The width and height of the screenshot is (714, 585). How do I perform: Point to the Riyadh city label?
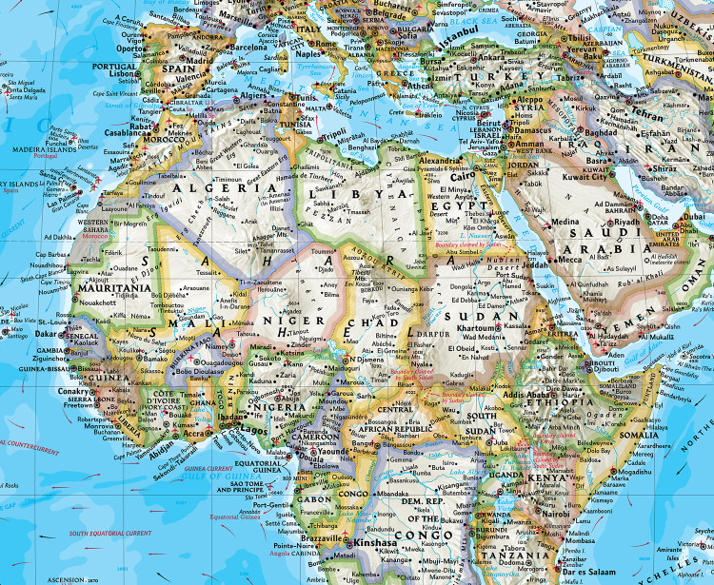pyautogui.click(x=626, y=221)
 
